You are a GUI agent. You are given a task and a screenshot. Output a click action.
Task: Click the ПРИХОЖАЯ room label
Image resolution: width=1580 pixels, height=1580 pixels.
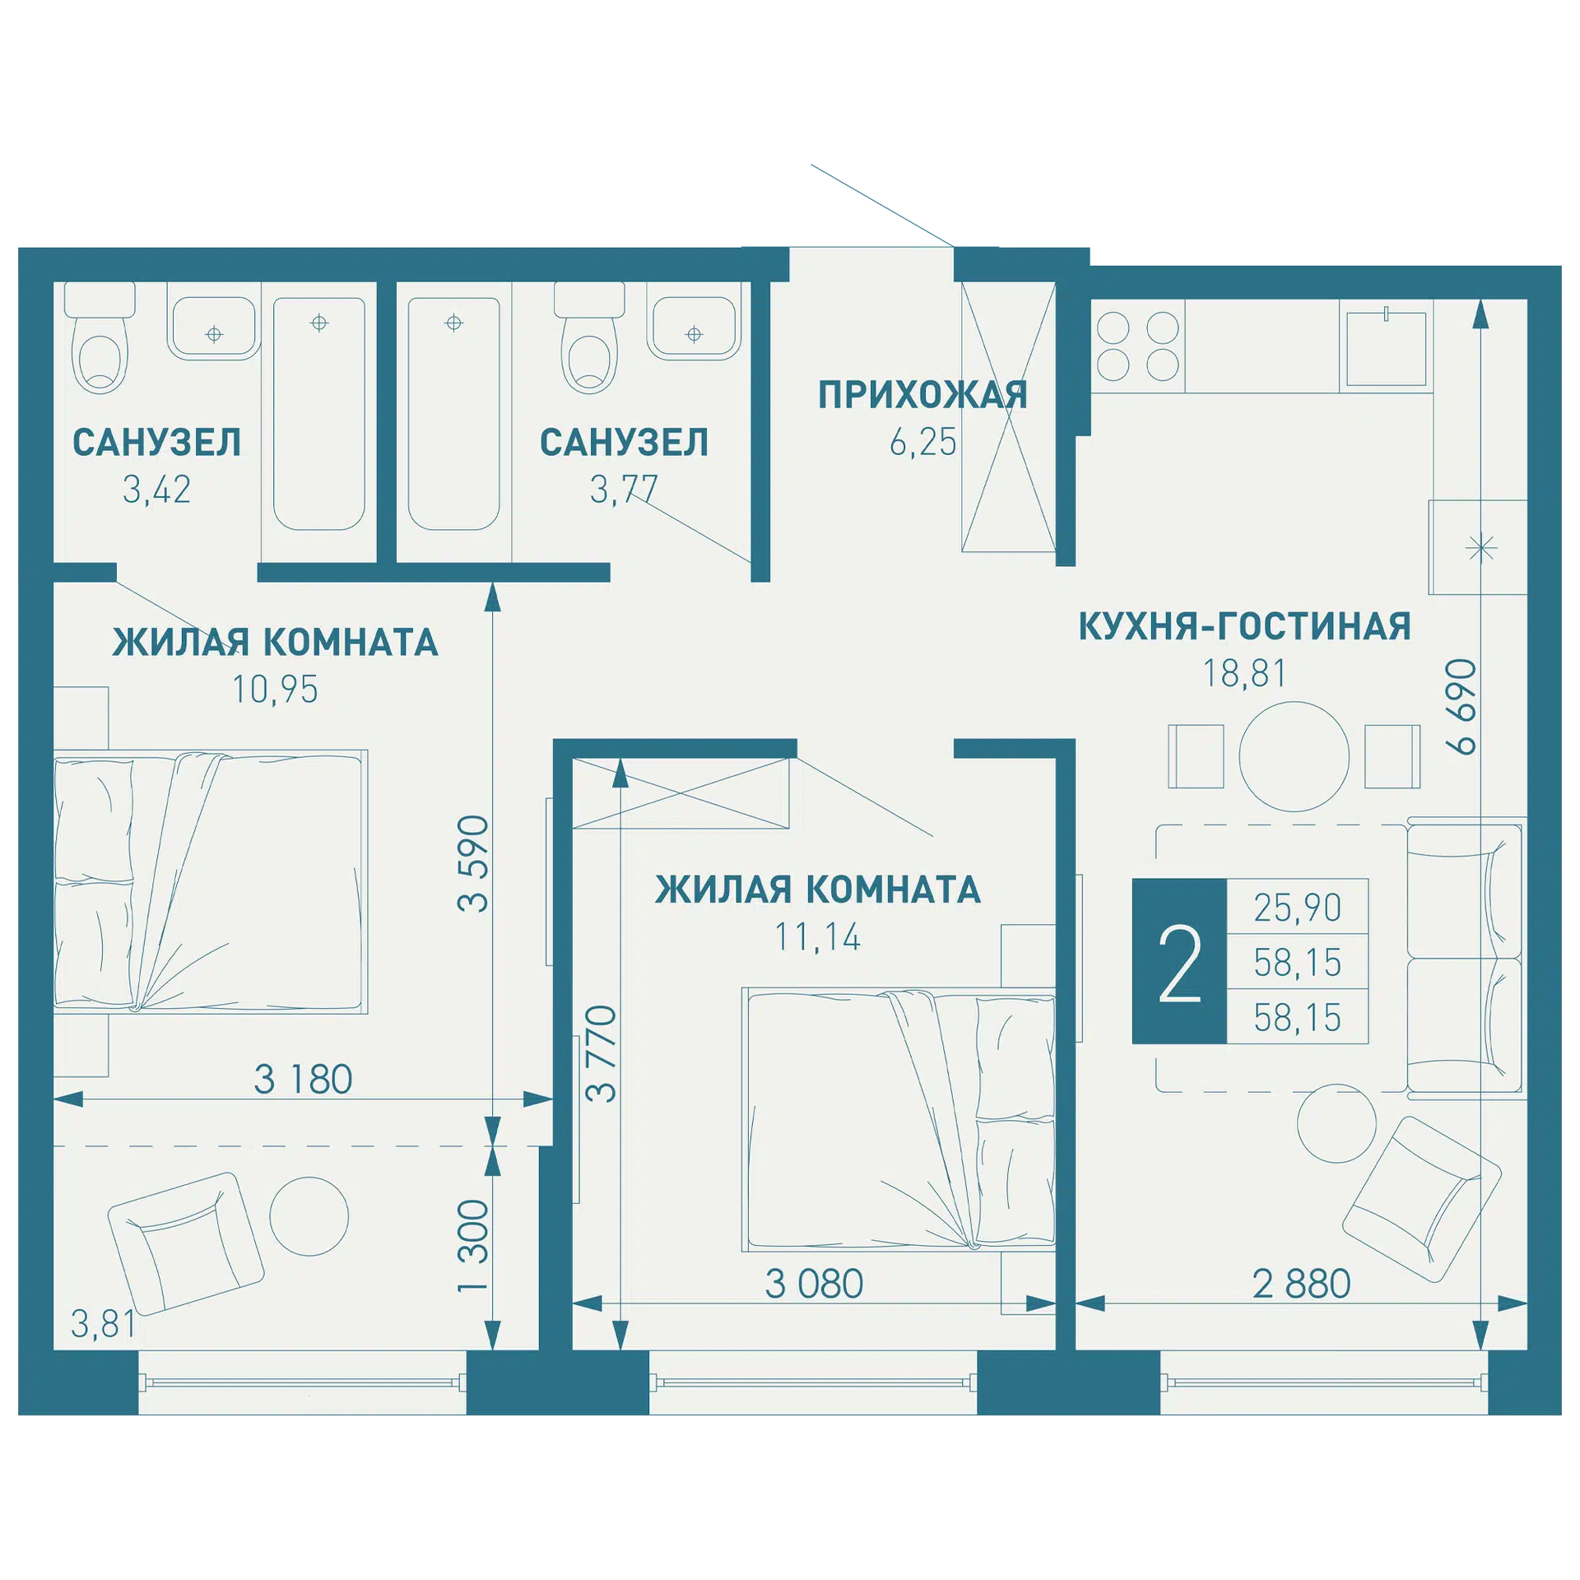[922, 395]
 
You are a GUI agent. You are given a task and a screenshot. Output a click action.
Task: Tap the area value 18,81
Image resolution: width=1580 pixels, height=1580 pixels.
[1244, 673]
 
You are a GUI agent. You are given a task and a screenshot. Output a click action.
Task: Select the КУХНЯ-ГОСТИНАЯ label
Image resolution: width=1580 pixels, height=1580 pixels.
[1244, 626]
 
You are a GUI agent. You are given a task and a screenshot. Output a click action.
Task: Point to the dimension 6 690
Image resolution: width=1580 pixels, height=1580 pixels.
[1461, 707]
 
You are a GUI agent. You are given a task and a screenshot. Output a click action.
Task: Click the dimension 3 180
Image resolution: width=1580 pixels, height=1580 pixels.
[303, 1080]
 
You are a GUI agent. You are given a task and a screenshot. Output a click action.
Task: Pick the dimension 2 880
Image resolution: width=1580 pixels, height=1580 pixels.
[1302, 1284]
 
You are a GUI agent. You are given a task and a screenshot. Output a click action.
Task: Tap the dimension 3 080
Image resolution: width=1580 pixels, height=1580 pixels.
[814, 1284]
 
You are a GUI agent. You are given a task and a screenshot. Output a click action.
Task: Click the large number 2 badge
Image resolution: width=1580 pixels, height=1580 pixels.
[1179, 961]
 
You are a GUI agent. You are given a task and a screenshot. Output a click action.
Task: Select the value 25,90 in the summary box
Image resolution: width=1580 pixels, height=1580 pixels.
[1297, 907]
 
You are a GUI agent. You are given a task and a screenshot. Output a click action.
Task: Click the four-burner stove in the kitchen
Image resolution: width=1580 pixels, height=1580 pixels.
[1138, 346]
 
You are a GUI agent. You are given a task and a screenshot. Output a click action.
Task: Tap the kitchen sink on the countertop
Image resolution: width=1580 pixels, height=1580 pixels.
[1387, 348]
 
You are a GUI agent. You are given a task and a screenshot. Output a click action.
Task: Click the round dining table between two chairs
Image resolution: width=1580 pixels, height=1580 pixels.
[1294, 756]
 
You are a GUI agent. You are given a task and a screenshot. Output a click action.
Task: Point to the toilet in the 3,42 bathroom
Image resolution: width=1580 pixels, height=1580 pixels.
[100, 337]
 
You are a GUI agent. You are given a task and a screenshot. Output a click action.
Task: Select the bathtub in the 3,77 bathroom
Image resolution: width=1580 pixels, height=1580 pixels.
[453, 414]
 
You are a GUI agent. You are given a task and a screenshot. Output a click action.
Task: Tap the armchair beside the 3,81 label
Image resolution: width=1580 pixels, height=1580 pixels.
[186, 1243]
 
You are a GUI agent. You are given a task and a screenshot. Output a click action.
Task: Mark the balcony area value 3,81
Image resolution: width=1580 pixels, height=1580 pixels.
[103, 1324]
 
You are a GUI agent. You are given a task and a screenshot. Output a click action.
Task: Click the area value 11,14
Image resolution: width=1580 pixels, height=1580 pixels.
[817, 936]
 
